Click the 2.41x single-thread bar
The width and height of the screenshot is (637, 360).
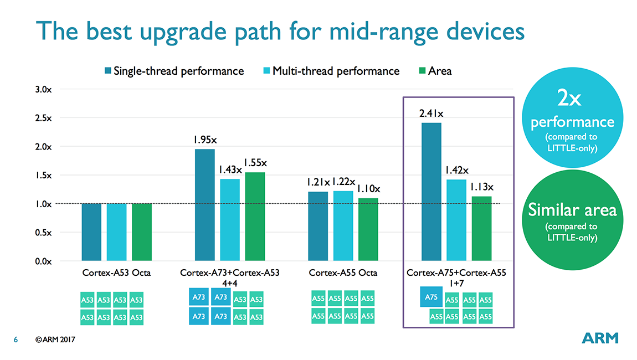coord(431,192)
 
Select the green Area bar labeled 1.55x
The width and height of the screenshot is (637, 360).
coord(255,217)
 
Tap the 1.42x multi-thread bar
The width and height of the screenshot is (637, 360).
coord(456,220)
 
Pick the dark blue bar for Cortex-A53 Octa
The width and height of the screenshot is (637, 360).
coord(91,232)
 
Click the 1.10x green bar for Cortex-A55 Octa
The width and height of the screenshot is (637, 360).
coord(368,229)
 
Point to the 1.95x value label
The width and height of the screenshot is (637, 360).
coord(205,140)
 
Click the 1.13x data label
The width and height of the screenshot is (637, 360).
coord(482,187)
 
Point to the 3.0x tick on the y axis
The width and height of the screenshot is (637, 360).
coord(43,89)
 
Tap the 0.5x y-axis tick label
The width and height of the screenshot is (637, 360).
coord(43,233)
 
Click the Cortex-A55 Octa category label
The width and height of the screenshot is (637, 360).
coord(343,273)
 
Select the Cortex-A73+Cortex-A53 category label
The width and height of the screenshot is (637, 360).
coord(230,273)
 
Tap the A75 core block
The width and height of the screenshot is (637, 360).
coord(431,297)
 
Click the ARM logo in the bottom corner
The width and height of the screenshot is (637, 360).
coord(600,338)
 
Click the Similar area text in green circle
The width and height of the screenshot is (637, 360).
coord(572,210)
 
